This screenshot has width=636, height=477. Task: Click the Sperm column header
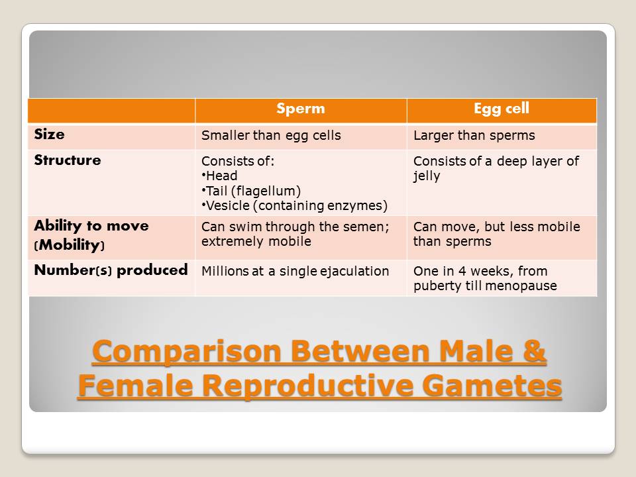tap(301, 109)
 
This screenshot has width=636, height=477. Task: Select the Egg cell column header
tap(502, 109)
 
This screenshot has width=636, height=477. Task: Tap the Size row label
tap(50, 134)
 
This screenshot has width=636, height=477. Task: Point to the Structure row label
tap(68, 160)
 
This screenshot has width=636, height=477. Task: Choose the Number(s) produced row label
tap(111, 270)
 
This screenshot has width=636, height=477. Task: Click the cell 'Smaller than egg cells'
tap(271, 136)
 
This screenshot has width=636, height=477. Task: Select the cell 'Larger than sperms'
tap(474, 136)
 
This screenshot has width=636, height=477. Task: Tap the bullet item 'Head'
tap(221, 176)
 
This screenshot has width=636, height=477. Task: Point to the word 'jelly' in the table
tap(427, 176)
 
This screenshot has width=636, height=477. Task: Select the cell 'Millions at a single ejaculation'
tap(295, 271)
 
